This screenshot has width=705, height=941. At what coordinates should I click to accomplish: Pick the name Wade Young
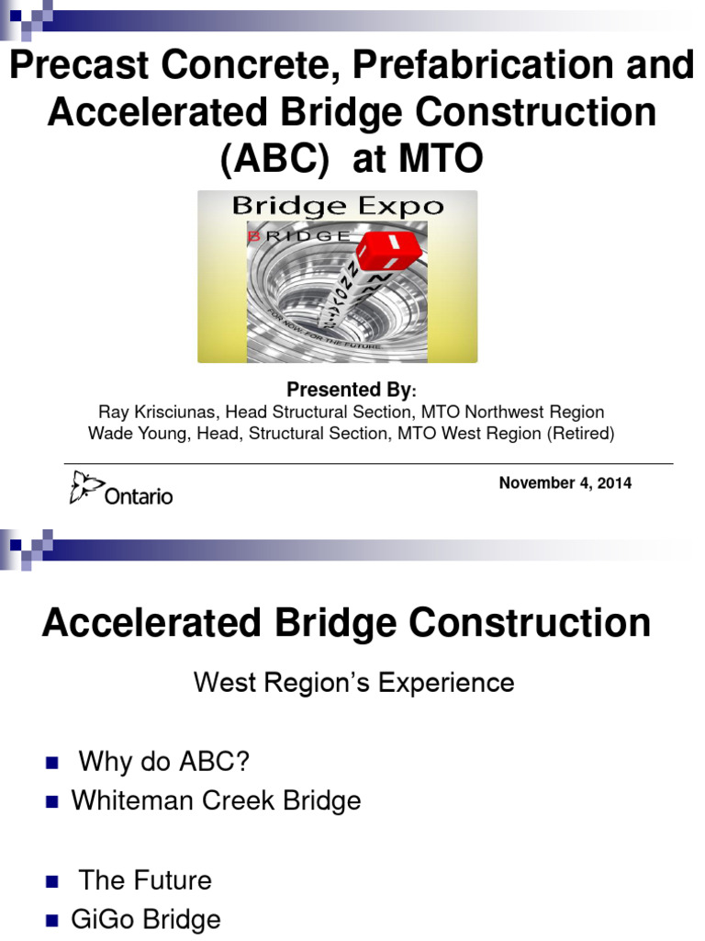131,433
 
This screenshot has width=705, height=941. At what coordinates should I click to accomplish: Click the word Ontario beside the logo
138,495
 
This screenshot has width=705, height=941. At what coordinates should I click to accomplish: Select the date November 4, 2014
565,482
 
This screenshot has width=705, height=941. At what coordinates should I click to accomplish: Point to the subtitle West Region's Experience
352,683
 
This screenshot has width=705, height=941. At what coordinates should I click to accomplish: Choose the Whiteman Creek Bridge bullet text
217,800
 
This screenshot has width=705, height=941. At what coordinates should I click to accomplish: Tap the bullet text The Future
145,880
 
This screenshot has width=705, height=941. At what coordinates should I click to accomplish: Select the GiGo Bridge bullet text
147,919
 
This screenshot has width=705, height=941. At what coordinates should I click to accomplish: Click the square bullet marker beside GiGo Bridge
51,921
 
